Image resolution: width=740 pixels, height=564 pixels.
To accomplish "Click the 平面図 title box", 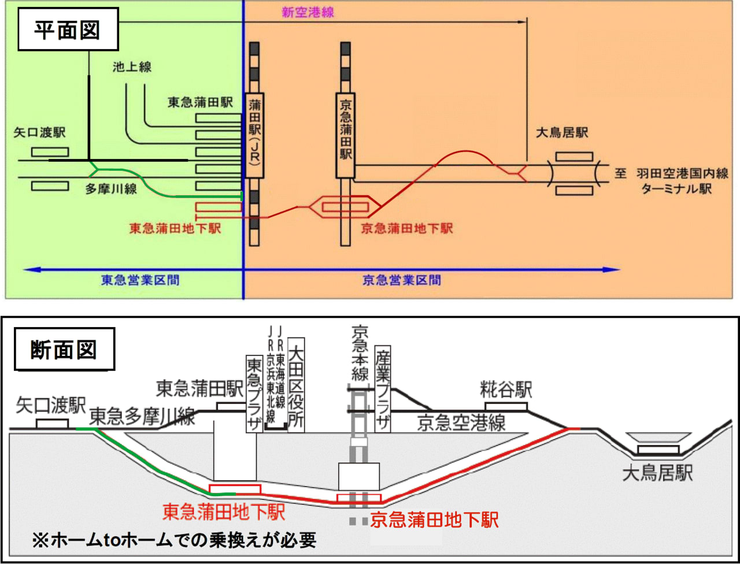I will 68,29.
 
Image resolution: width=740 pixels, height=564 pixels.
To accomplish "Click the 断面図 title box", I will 64,350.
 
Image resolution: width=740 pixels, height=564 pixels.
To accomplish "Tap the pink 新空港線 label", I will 308,12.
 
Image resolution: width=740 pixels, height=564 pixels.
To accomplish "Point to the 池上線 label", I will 132,67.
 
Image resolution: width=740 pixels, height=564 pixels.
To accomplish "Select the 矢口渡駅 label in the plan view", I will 40,133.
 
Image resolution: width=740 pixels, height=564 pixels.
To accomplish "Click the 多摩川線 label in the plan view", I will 111,189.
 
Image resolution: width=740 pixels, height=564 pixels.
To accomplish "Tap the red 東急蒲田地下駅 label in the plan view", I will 175,229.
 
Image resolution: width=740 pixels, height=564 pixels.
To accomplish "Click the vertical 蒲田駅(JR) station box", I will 254,136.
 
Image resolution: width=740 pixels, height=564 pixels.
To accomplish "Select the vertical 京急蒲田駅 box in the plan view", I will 346,135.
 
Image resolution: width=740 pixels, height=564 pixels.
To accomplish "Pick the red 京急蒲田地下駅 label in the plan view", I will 407,229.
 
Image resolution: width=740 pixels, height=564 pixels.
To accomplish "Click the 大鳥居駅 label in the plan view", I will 562,133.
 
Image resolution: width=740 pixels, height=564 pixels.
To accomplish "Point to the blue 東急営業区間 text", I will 140,281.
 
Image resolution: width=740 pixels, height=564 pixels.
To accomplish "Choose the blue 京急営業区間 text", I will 401,281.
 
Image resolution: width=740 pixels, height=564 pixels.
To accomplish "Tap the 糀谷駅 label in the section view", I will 506,389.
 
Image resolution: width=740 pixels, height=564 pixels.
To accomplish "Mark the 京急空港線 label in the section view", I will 461,423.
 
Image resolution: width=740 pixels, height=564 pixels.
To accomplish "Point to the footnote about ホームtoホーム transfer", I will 174,540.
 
